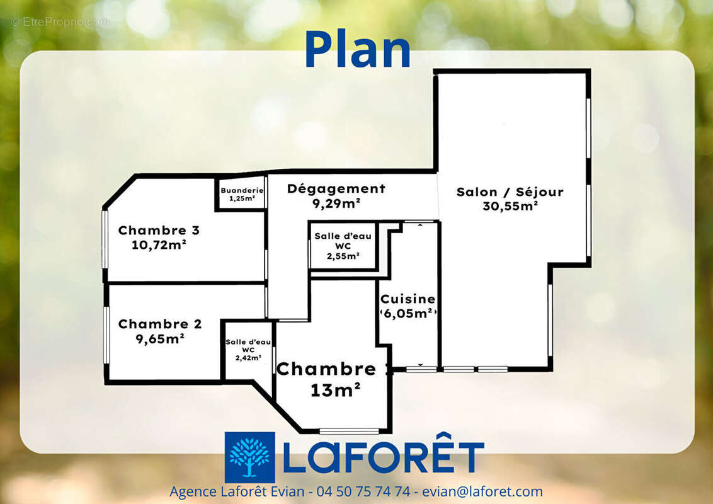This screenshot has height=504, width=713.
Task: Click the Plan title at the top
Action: point(357,50)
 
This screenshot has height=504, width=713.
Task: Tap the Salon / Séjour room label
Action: point(510,192)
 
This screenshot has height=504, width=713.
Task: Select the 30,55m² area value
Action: point(510,205)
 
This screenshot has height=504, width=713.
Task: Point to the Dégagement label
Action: point(336,188)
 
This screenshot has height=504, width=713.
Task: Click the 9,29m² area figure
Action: point(336,203)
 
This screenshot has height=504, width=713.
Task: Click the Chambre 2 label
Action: point(160,324)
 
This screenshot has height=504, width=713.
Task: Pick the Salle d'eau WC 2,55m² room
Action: point(343,246)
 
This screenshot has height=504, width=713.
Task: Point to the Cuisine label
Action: point(408,299)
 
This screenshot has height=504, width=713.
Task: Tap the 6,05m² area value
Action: point(408,313)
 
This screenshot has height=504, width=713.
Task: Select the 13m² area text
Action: point(335,390)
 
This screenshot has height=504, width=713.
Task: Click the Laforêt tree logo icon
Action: point(249,457)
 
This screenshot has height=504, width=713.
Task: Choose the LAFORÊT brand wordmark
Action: point(384,457)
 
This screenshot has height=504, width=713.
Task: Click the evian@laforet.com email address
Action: point(482,491)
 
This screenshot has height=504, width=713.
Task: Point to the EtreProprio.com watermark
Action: point(60,22)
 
